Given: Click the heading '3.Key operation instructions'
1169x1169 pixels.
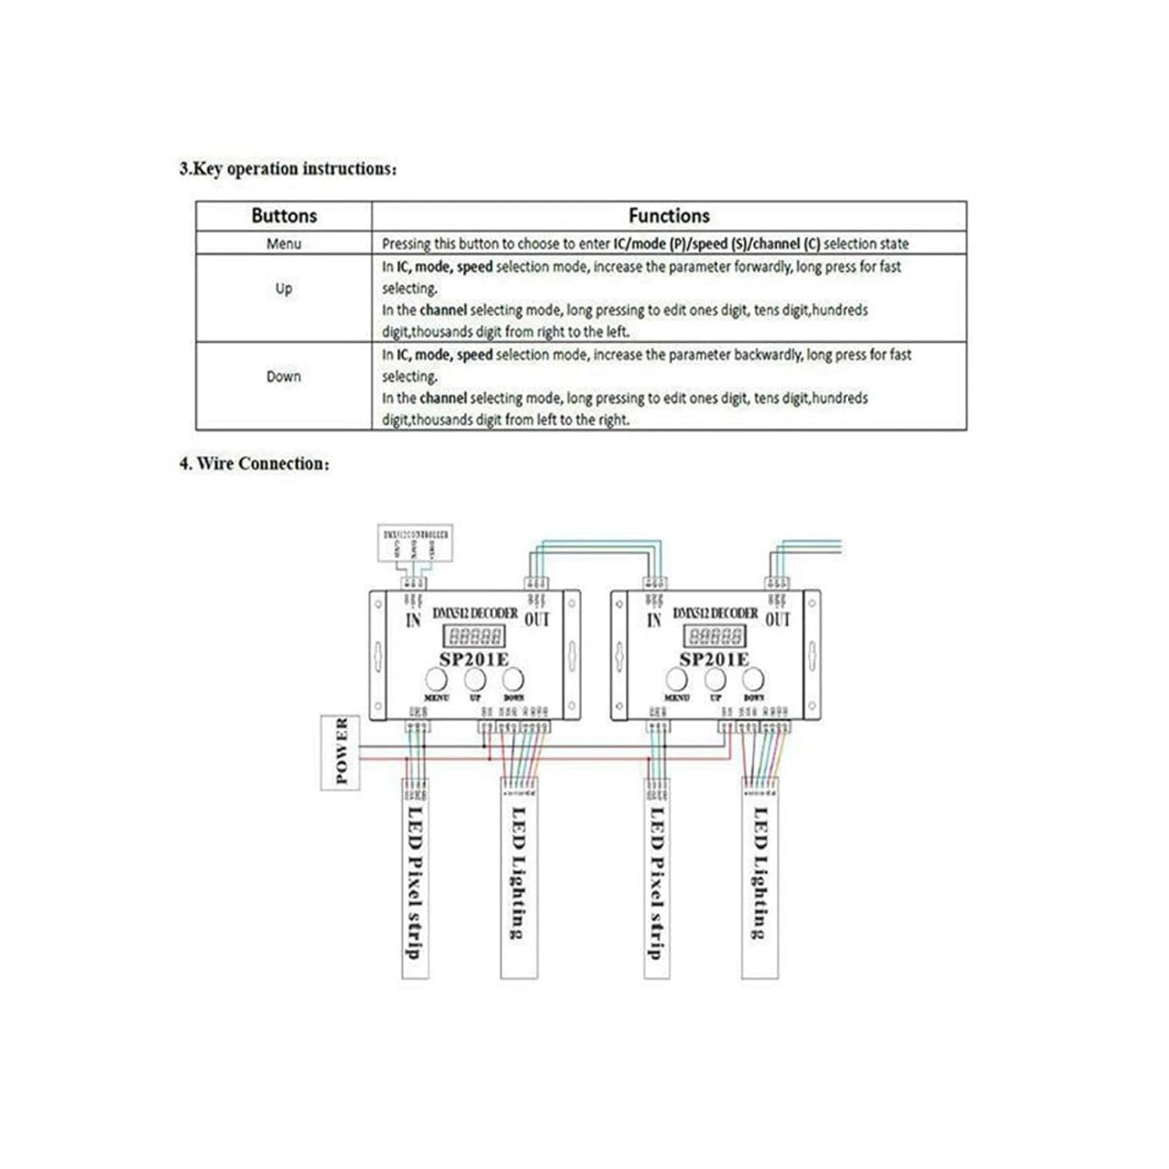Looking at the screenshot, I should (288, 169).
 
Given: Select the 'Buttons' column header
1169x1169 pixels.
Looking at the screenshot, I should (284, 216).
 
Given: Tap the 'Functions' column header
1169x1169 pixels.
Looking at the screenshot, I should (669, 216).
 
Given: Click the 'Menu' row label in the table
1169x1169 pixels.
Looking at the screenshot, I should (284, 244).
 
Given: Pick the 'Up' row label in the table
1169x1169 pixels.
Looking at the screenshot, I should (284, 288).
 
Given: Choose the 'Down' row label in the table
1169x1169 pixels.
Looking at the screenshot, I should (284, 376).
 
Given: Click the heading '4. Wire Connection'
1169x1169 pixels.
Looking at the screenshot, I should (254, 464).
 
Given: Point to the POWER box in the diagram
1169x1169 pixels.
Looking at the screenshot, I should (341, 752).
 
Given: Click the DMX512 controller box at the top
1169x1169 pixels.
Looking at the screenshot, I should (415, 543).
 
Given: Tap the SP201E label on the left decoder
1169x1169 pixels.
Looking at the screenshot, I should (473, 659).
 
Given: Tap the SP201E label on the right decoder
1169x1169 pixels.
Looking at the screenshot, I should (714, 659).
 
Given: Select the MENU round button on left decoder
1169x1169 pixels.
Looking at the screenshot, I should (436, 679).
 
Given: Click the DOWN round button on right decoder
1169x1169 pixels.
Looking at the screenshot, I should (754, 679).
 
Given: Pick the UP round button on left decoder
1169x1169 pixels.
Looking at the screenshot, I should (475, 679).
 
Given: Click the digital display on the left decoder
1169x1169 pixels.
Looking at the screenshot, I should (474, 636).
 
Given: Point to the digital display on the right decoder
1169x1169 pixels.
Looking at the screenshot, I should (714, 636).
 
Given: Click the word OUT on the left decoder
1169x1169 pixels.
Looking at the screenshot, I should (536, 619).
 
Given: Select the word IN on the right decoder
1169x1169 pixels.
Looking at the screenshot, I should (654, 620).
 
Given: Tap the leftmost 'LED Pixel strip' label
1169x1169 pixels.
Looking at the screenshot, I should (415, 881).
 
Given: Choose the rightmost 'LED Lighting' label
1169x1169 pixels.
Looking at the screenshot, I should (760, 873).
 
